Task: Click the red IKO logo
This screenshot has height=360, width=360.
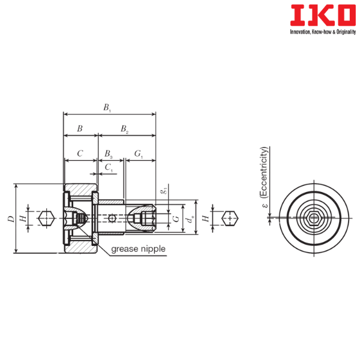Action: click(323, 15)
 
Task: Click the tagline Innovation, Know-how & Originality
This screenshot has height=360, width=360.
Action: click(323, 32)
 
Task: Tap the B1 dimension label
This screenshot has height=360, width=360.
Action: click(107, 107)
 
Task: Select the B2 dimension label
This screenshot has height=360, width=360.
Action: click(125, 129)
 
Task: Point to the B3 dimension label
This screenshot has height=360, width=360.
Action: click(109, 154)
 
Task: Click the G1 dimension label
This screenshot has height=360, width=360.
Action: click(139, 154)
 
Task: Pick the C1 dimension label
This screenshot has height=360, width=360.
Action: click(109, 168)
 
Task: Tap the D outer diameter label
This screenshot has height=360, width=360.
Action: click(11, 219)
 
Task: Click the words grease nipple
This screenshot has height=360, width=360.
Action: click(138, 249)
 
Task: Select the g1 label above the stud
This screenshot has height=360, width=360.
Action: click(164, 191)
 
